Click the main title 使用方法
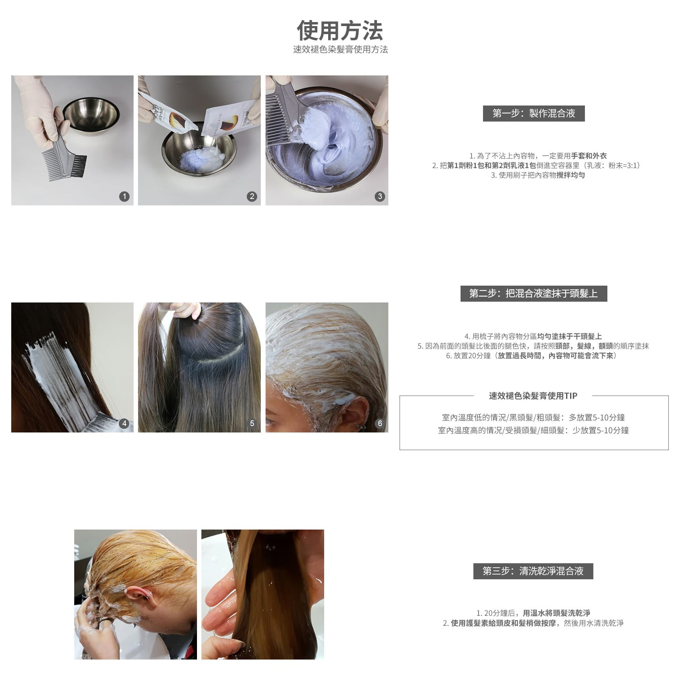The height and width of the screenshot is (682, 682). (x=340, y=31)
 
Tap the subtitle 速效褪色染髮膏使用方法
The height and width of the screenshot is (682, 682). (x=340, y=49)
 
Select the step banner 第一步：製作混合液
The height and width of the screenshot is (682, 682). (x=534, y=114)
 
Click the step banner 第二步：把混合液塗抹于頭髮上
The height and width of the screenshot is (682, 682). (x=534, y=294)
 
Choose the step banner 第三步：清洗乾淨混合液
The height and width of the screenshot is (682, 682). (x=533, y=571)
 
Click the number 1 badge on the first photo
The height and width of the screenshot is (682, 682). (x=124, y=196)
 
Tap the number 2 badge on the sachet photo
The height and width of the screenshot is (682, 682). (x=252, y=196)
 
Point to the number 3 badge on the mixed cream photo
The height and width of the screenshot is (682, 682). (x=380, y=196)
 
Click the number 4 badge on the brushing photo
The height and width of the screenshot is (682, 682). (x=124, y=423)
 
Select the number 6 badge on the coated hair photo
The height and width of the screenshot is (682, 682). (x=380, y=423)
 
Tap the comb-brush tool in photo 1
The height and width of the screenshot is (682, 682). (x=64, y=148)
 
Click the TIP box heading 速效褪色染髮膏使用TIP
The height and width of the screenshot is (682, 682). (x=533, y=396)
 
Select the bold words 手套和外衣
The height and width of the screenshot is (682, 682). (x=589, y=156)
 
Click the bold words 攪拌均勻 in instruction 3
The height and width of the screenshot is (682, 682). (x=570, y=175)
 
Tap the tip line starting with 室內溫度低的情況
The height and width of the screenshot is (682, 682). (x=533, y=418)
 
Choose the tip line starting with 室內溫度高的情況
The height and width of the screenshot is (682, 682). (x=533, y=430)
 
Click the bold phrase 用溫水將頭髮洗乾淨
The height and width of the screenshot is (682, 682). (x=556, y=613)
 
